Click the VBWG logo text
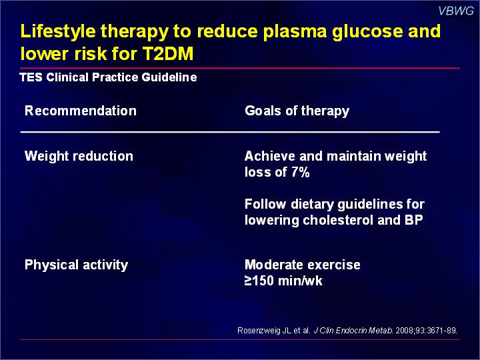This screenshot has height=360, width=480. [x=456, y=11]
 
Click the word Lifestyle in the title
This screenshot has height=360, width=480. [x=58, y=32]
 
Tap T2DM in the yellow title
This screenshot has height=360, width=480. [x=168, y=53]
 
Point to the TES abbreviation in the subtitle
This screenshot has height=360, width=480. [x=31, y=77]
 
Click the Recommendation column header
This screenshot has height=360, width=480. [x=81, y=111]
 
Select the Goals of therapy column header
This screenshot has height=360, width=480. [x=297, y=111]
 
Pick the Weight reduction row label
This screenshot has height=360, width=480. [x=79, y=156]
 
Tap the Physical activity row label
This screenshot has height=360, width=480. [x=76, y=265]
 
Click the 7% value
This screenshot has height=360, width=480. [x=300, y=172]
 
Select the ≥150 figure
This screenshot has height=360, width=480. [x=259, y=281]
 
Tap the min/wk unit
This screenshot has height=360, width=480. [x=300, y=281]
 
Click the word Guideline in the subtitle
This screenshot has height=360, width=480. [x=169, y=77]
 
